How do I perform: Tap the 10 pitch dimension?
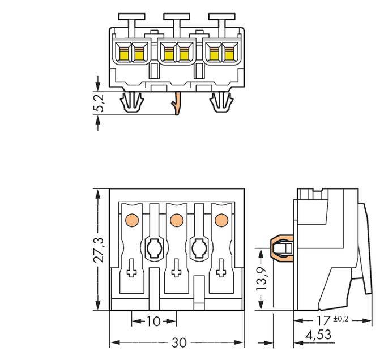(153, 322)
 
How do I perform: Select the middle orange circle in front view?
(176, 218)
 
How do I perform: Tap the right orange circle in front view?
(220, 218)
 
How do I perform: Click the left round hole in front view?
(153, 247)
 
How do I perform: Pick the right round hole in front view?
(198, 247)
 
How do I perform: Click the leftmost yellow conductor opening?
(124, 53)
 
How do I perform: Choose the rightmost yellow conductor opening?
(229, 53)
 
